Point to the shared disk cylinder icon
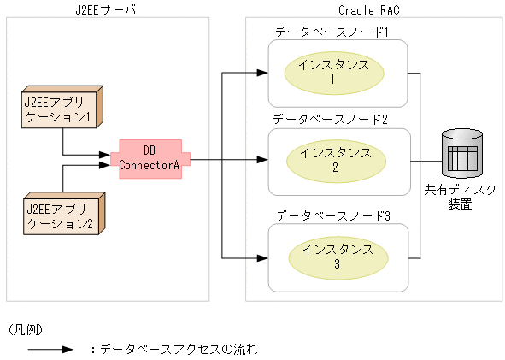click(462, 154)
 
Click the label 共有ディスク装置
click(460, 197)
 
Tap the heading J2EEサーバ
click(106, 9)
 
